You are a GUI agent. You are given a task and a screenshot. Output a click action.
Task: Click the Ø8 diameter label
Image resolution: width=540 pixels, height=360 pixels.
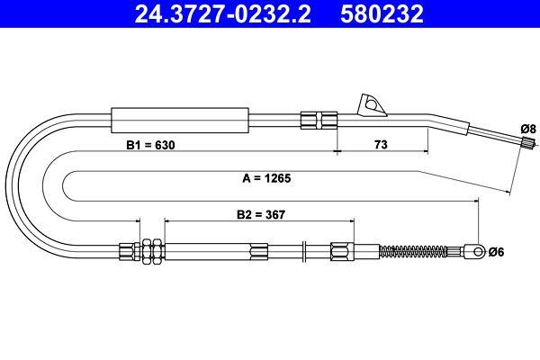pyautogui.click(x=528, y=129)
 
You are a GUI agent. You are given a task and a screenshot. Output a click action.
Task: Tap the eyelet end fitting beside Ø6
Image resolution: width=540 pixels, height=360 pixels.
pyautogui.click(x=474, y=251)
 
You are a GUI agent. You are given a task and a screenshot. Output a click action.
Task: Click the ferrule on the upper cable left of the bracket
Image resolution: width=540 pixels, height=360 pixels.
pyautogui.click(x=318, y=119)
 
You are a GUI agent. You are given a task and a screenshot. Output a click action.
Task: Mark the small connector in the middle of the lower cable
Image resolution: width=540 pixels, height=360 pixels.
pyautogui.click(x=260, y=251)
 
